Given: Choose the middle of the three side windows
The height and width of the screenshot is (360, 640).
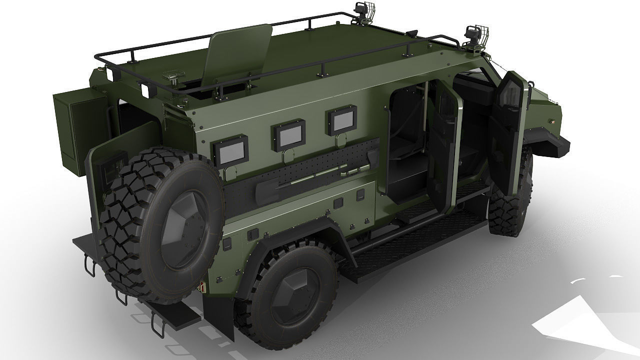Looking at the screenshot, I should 288,135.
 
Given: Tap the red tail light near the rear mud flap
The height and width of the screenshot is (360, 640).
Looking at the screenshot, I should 203,287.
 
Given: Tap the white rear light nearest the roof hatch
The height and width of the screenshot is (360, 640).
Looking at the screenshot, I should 146,90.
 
